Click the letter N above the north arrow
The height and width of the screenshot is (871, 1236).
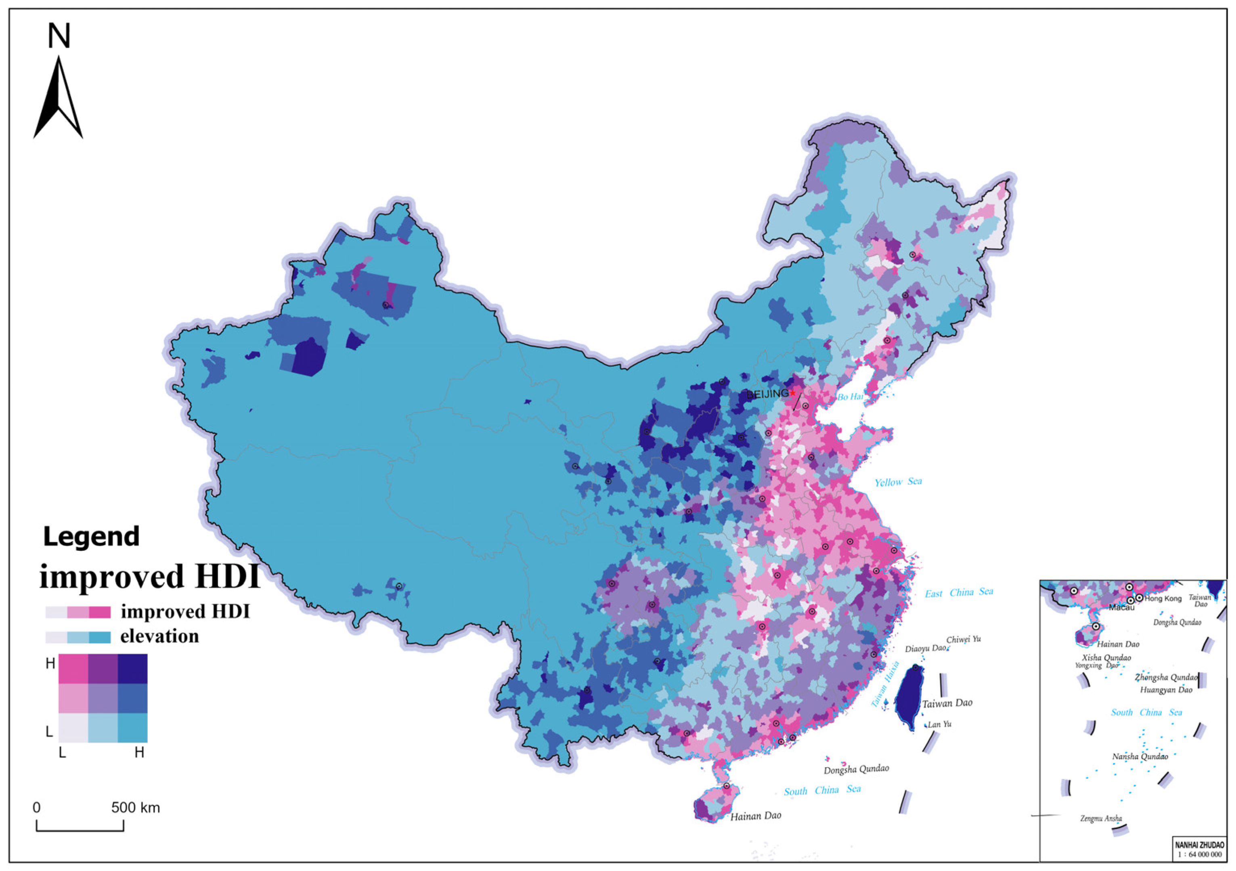point(59,37)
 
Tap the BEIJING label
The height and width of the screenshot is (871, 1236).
point(767,394)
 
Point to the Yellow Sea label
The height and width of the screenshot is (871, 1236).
point(897,482)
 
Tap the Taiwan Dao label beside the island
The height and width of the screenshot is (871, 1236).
point(947,703)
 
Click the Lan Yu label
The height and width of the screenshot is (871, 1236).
point(939,724)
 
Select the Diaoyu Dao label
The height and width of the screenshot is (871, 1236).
point(925,649)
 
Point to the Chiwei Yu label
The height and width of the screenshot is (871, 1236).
point(963,639)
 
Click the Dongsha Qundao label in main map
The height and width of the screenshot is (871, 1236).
point(856,769)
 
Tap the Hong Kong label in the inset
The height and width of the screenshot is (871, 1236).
point(1163,598)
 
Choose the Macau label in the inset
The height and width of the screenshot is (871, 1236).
point(1121,608)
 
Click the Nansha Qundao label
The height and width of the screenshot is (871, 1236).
point(1140,757)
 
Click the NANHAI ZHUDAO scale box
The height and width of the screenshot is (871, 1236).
point(1199,850)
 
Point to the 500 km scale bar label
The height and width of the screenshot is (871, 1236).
point(136,808)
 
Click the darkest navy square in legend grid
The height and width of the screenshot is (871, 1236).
point(132,668)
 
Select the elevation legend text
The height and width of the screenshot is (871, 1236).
point(159,637)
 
